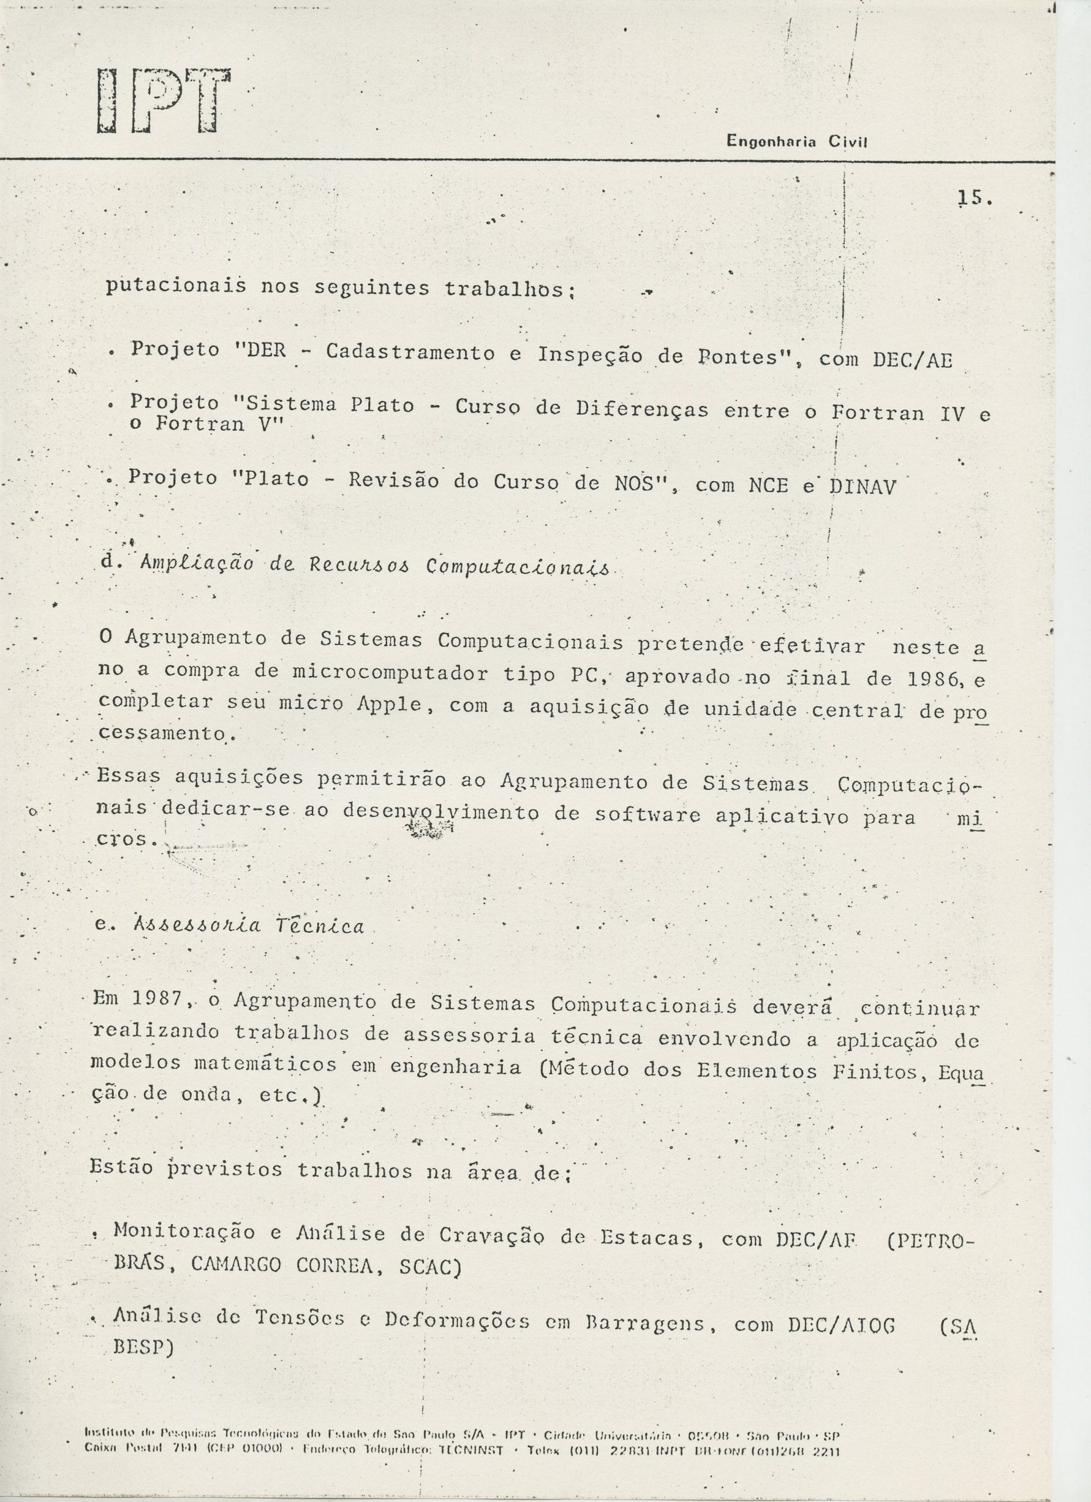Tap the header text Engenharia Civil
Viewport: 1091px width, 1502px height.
click(x=797, y=141)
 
